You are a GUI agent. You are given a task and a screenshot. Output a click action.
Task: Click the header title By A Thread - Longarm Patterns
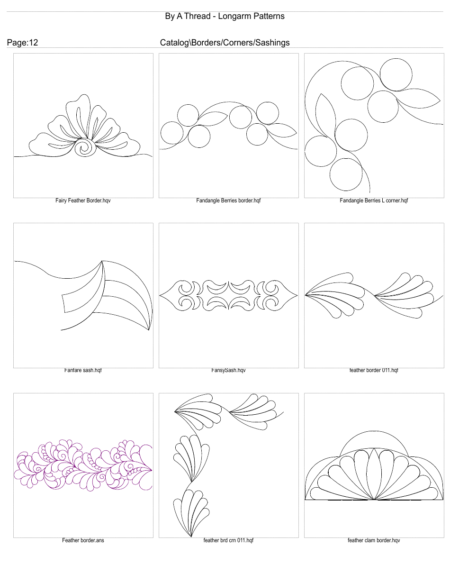tap(225, 16)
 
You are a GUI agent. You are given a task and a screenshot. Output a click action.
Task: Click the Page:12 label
tap(22, 43)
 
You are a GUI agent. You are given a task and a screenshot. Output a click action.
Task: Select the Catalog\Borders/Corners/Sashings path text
tap(225, 43)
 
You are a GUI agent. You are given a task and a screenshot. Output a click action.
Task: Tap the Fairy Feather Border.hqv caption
tap(83, 200)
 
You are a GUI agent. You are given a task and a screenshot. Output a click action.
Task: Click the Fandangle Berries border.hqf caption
tap(228, 200)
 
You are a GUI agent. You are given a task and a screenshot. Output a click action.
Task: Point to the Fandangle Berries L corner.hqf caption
tap(374, 200)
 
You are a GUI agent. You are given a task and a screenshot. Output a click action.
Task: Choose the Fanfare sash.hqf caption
tap(83, 370)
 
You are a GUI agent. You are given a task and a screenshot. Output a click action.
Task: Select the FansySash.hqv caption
tap(228, 370)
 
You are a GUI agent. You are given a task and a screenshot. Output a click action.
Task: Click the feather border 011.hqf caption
tap(374, 370)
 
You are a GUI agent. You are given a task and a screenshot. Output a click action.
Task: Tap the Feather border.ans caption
tap(83, 540)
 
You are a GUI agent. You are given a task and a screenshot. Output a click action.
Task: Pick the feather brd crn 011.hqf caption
tap(228, 540)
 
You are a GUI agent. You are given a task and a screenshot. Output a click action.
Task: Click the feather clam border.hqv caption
tap(374, 540)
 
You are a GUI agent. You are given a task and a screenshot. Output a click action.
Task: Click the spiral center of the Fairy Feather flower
tap(86, 147)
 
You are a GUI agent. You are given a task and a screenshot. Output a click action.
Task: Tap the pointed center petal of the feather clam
tap(374, 474)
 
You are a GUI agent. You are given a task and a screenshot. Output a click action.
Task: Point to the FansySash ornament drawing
tap(228, 295)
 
